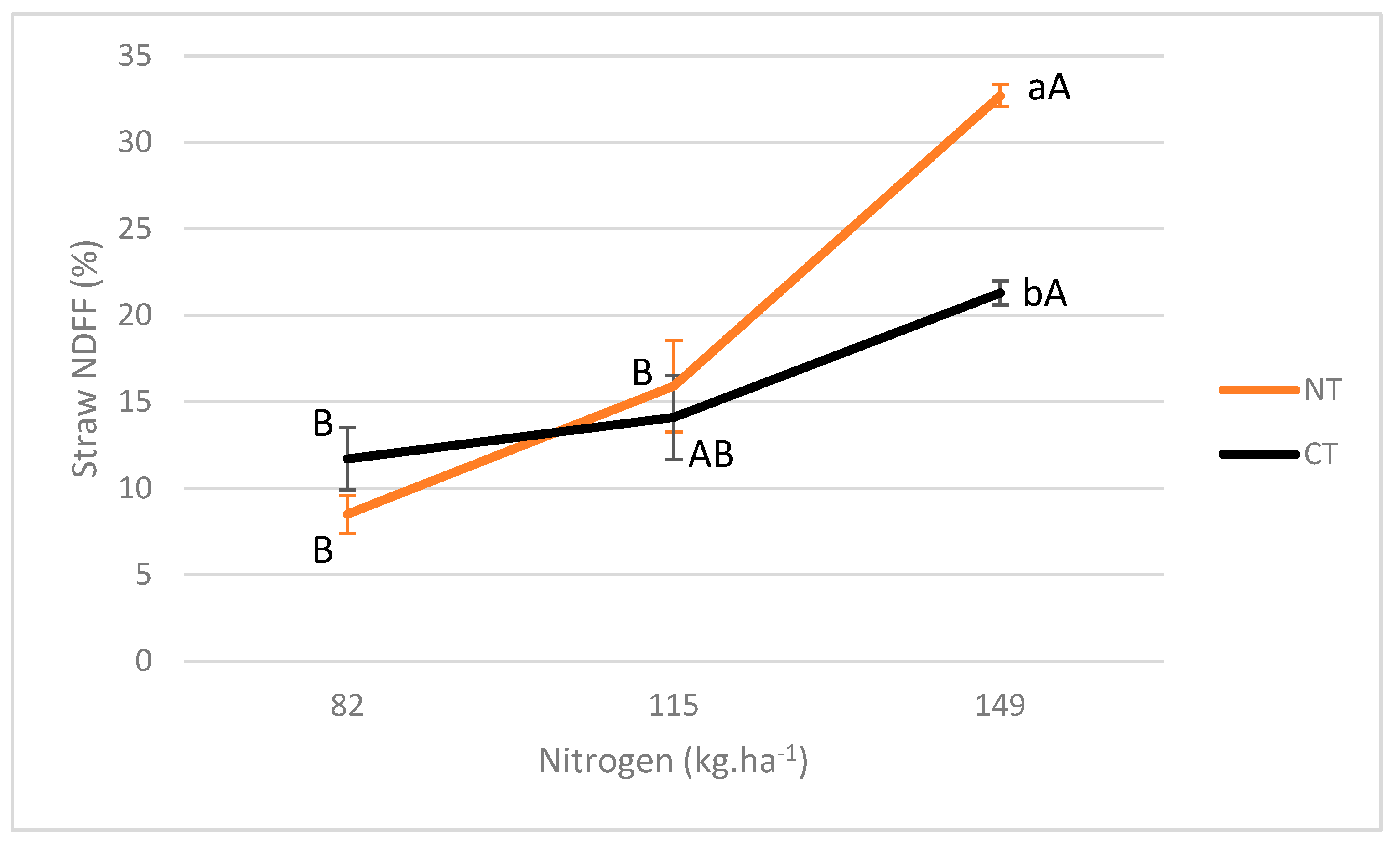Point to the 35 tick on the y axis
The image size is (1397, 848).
(135, 56)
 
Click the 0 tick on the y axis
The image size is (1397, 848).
(144, 661)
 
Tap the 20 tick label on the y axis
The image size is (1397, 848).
(135, 315)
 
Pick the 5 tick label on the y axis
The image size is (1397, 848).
(144, 575)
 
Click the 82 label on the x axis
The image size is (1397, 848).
(347, 706)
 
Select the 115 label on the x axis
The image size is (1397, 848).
(673, 706)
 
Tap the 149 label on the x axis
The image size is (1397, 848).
(1000, 706)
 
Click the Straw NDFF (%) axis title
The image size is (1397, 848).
(85, 359)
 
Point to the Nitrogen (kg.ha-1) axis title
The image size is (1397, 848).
(673, 761)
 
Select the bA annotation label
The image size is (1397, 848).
(1044, 293)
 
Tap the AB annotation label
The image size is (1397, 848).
(711, 455)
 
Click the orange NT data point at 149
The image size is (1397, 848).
(1000, 96)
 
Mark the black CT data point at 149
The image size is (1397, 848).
(1000, 293)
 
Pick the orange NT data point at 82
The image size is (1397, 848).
(348, 514)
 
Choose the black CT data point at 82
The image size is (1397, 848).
(348, 459)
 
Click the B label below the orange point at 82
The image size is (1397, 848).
(323, 550)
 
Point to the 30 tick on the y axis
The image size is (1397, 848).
(135, 142)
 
